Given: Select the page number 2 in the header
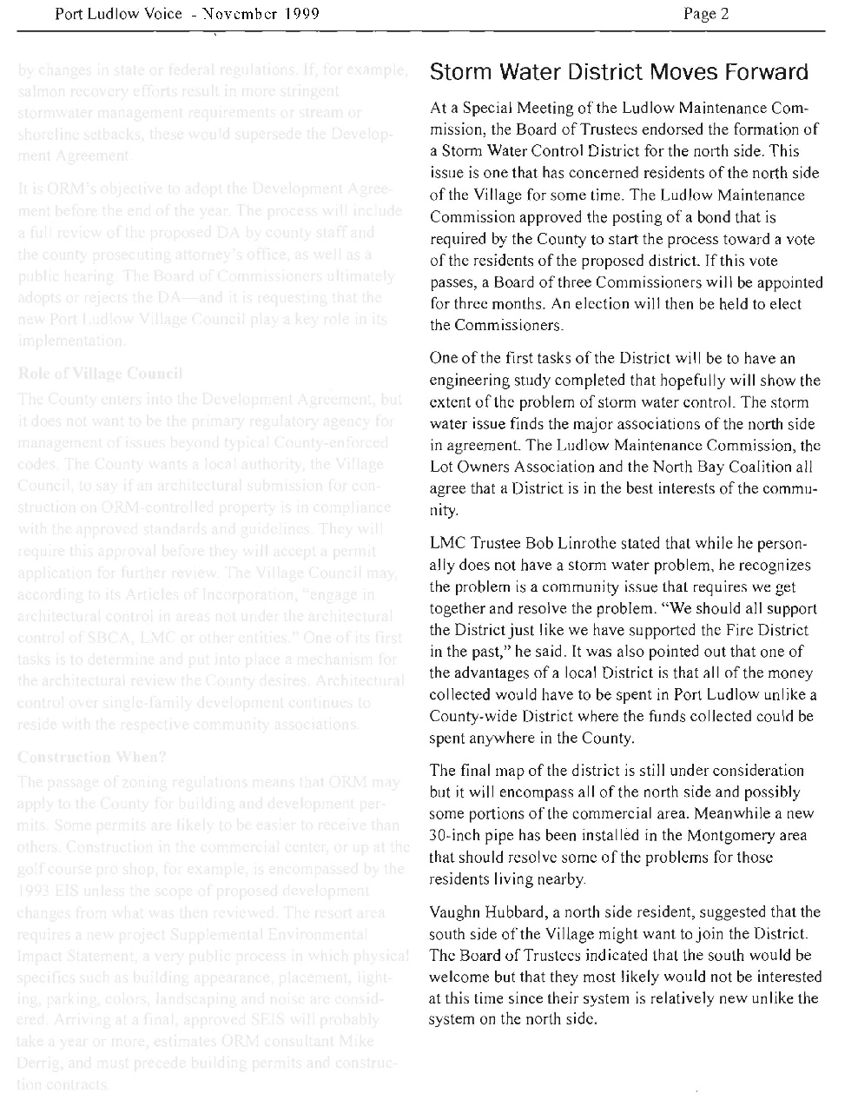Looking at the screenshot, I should click(724, 14).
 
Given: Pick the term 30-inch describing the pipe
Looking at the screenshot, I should click(453, 836).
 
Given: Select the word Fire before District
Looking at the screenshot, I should click(735, 629).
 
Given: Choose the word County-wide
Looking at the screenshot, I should click(471, 718).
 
